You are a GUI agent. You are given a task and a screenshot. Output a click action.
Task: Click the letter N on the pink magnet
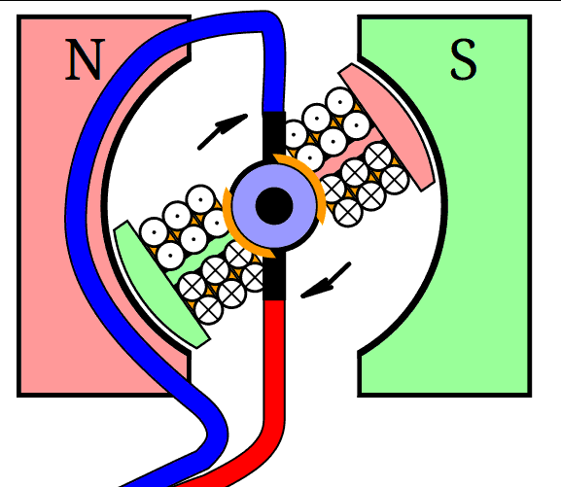85,59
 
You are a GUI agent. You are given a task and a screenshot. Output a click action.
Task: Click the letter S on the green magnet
464,59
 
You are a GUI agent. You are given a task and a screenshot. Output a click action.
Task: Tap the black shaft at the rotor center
274,206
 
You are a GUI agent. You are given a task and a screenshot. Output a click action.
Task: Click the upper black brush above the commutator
274,137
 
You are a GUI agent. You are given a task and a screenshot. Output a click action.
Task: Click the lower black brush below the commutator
274,275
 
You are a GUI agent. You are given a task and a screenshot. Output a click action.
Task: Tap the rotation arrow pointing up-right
223,131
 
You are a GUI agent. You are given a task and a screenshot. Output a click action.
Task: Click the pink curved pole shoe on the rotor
387,127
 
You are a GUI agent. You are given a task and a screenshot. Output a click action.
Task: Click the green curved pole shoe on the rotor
161,285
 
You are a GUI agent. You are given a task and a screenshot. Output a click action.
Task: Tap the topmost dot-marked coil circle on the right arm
339,102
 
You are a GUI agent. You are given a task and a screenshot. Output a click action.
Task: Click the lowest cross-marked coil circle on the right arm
349,213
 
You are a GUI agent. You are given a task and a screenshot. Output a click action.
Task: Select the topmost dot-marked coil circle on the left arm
200,199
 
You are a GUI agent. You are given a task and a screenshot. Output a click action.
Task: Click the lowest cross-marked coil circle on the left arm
209,310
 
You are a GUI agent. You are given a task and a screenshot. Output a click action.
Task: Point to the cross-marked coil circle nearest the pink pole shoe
395,180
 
